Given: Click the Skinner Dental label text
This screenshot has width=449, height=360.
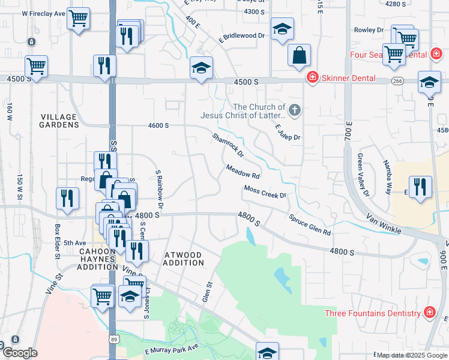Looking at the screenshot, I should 348,78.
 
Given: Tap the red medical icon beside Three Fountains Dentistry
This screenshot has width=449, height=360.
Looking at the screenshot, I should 429,313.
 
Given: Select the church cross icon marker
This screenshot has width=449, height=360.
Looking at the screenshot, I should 294,110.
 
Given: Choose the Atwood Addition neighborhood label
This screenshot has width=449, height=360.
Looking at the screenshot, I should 184,259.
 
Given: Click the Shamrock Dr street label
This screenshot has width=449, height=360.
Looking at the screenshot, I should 228,145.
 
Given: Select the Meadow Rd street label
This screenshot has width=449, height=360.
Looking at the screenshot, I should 243,172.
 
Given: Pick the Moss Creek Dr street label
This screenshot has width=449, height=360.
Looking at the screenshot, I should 265,192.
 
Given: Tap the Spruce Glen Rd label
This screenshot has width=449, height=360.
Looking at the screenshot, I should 309,224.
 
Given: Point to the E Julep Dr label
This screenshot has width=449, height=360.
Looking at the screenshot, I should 288,132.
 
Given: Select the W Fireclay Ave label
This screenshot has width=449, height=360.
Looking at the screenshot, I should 43,13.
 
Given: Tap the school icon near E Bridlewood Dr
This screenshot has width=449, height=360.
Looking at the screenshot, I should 282,29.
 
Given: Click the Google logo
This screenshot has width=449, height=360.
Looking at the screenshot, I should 20,353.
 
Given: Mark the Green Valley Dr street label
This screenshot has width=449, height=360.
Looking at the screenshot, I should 362,175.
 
